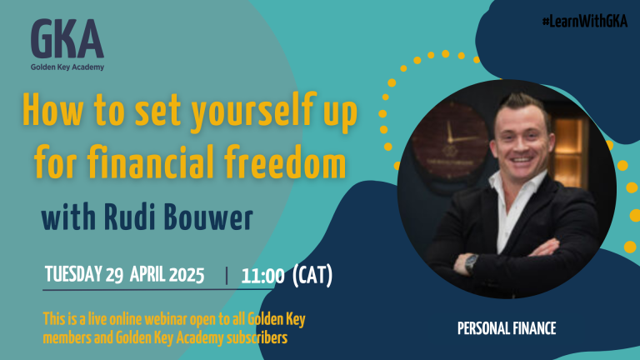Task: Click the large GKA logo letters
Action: coord(67,39)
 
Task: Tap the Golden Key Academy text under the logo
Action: coord(67,67)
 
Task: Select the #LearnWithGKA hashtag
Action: coord(584,21)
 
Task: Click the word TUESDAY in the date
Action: coord(73,274)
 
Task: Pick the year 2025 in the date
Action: coord(187,275)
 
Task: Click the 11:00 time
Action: coord(262,276)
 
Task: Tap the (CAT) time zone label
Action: coord(312,275)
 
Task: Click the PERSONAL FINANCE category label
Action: coord(507,328)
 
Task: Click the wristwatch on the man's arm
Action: coord(472,262)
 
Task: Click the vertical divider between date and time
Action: coord(227,276)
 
